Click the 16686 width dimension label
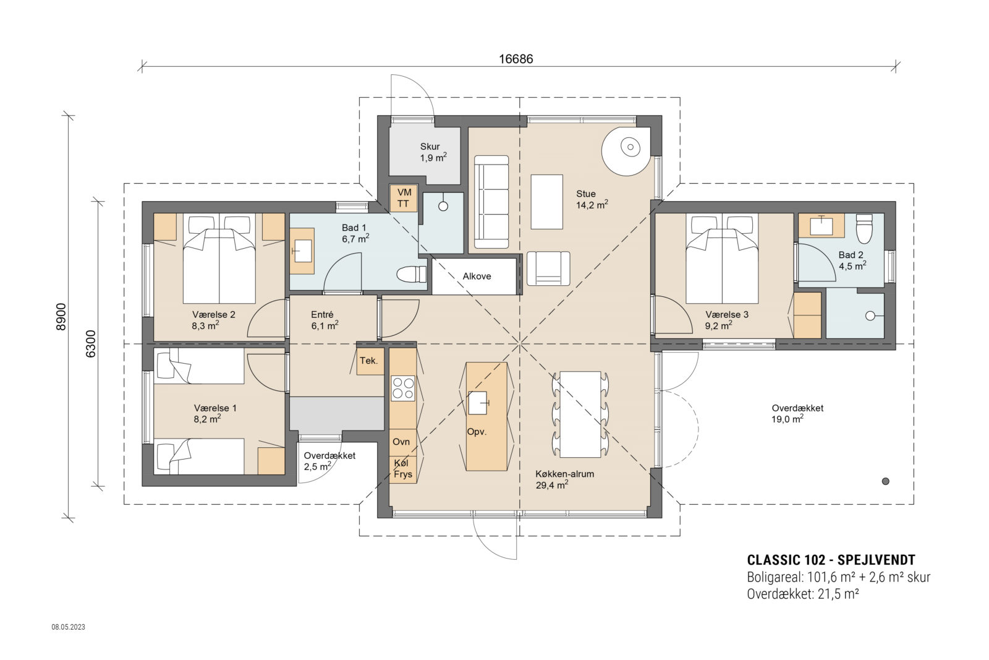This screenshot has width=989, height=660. pyautogui.click(x=516, y=59)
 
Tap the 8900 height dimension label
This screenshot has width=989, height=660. pyautogui.click(x=61, y=317)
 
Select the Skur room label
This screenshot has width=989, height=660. pyautogui.click(x=430, y=147)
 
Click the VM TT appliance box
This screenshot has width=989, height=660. pyautogui.click(x=404, y=198)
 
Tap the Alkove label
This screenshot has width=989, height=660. pyautogui.click(x=477, y=276)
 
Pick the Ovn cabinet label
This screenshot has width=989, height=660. pyautogui.click(x=401, y=442)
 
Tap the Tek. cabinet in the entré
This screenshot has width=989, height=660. pyautogui.click(x=369, y=361)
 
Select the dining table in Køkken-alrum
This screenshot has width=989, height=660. pyautogui.click(x=580, y=414)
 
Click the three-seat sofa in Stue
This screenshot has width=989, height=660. pyautogui.click(x=491, y=202)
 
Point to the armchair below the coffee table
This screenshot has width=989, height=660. pyautogui.click(x=548, y=268)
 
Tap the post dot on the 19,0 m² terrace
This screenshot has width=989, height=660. pyautogui.click(x=885, y=481)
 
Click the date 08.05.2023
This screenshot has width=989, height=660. pyautogui.click(x=68, y=627)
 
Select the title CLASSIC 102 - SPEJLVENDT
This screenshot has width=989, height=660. pyautogui.click(x=831, y=560)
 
